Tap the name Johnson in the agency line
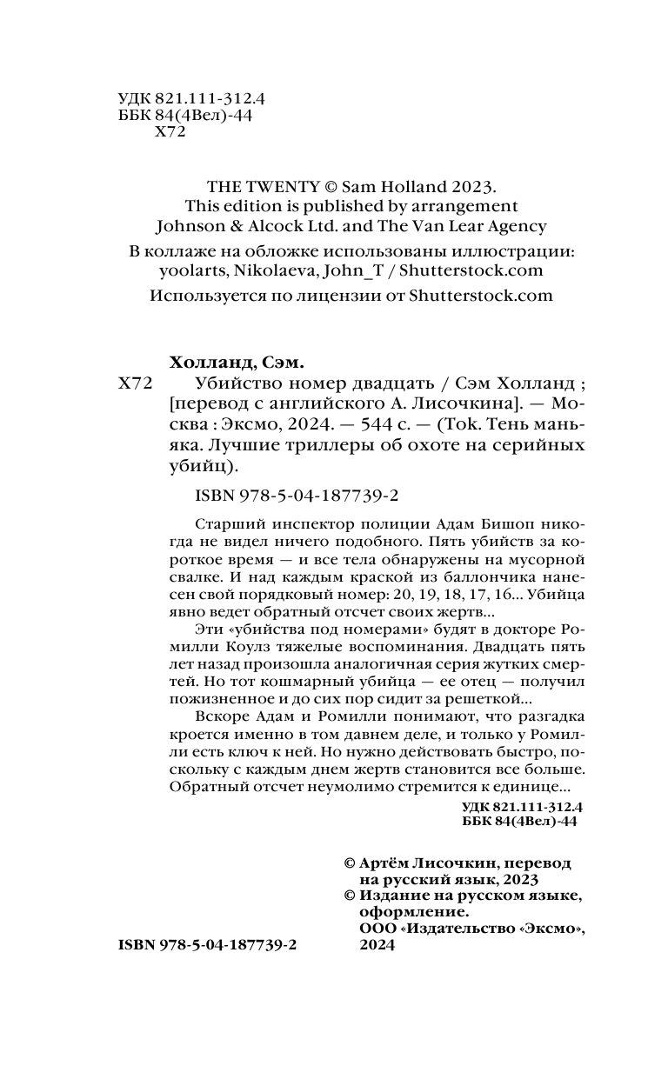click(190, 226)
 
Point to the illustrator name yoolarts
click(192, 270)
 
